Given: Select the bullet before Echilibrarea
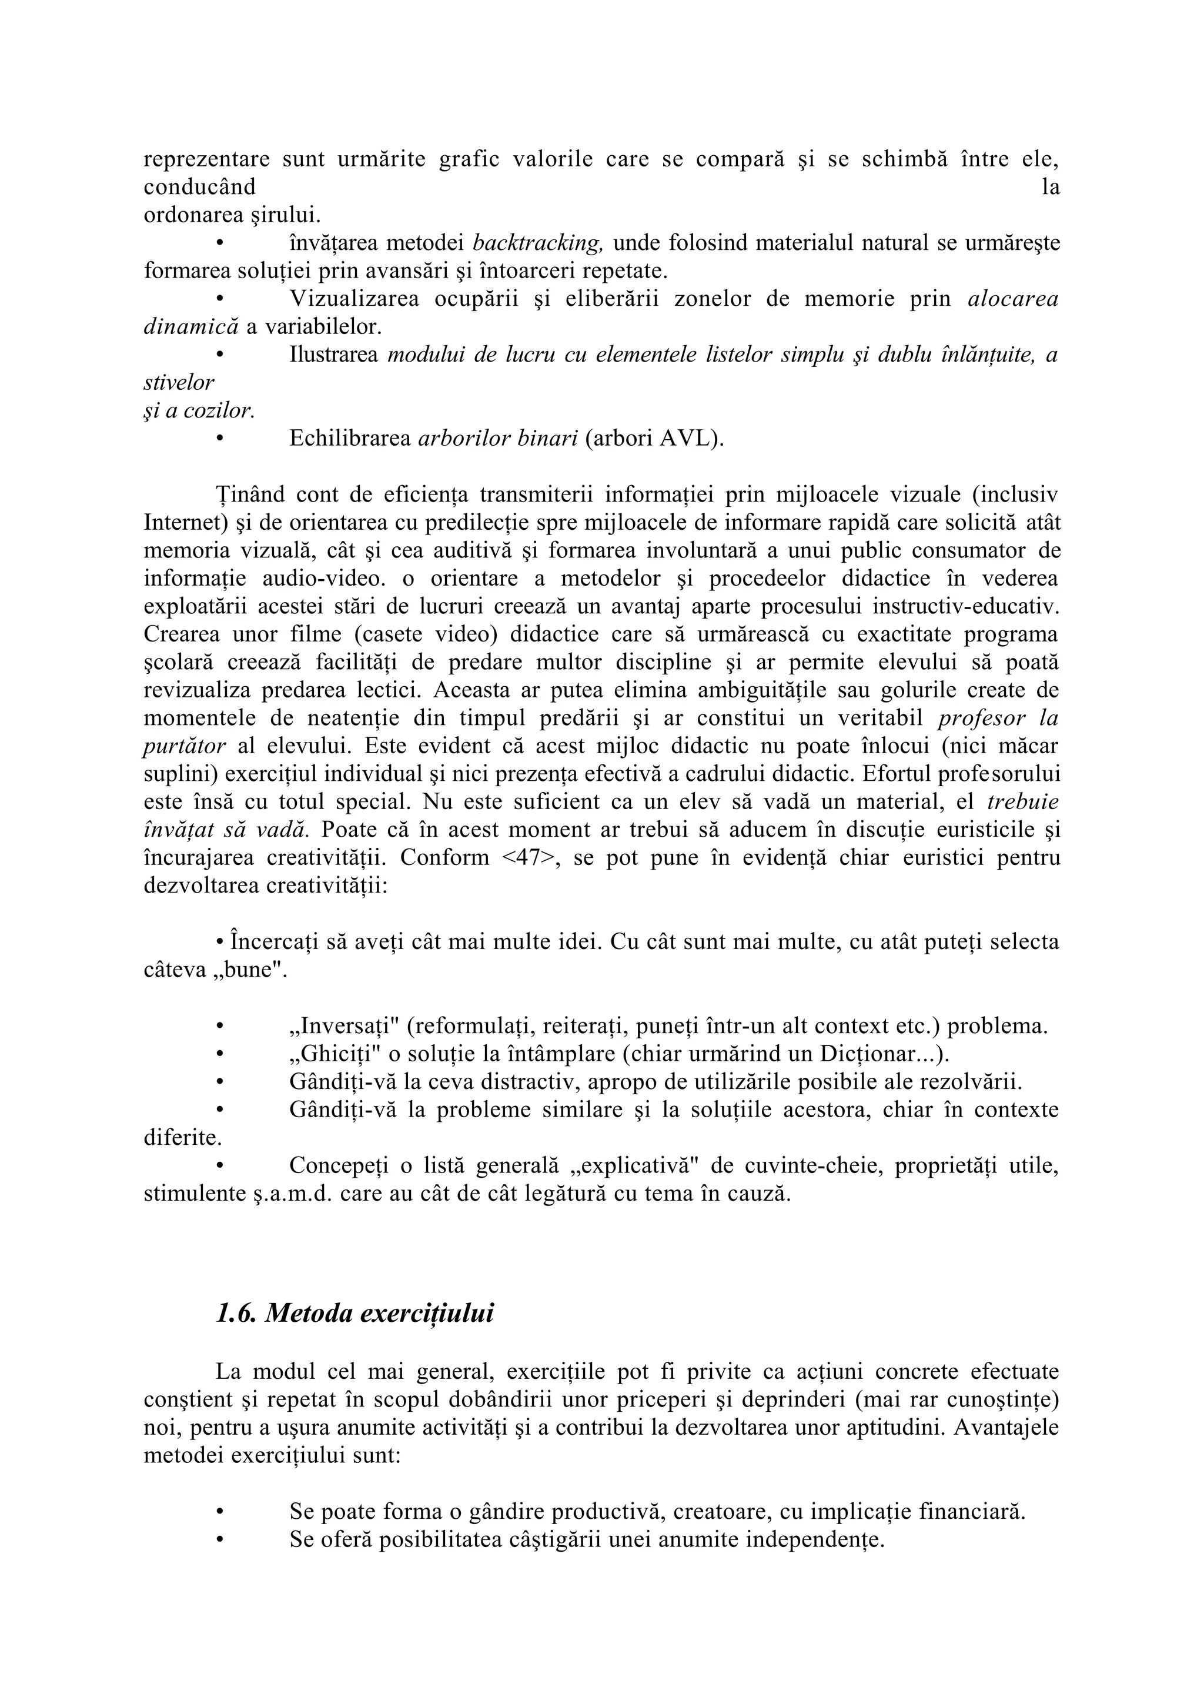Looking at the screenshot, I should click(219, 439).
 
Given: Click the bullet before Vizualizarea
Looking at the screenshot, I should click(219, 299).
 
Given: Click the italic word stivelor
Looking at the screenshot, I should click(179, 383).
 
